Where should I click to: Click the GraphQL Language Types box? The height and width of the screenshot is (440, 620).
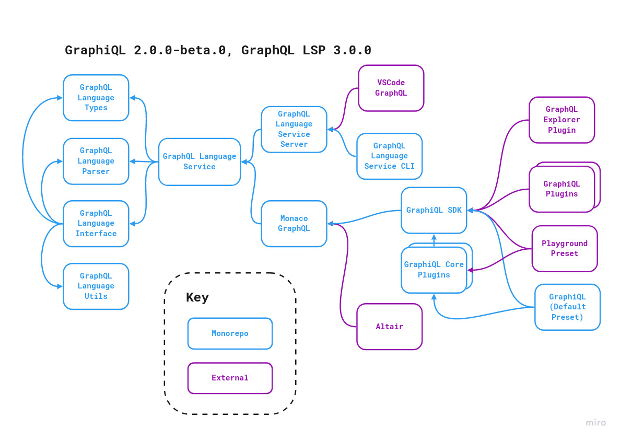[96, 98]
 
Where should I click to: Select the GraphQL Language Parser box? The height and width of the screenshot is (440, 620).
[96, 161]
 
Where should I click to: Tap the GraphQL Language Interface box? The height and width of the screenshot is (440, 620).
[96, 224]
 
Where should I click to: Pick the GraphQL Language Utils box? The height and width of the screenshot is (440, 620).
[96, 286]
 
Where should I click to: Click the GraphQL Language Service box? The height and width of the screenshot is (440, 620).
[200, 161]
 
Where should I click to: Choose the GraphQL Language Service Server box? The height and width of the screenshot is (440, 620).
[294, 129]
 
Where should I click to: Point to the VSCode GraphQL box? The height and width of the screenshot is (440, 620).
[391, 88]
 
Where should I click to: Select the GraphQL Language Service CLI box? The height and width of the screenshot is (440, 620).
[389, 156]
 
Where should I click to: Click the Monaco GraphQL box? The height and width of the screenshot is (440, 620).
[294, 224]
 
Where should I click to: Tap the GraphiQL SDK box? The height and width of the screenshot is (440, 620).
[434, 210]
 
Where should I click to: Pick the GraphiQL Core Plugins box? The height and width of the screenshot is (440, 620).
[434, 270]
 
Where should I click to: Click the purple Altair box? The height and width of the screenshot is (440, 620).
[389, 327]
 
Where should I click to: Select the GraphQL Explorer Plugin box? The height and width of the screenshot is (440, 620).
[561, 120]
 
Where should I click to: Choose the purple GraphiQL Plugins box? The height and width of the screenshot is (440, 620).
[561, 189]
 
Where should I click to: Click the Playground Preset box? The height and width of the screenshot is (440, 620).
[565, 248]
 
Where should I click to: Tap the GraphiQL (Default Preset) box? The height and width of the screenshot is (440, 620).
[567, 307]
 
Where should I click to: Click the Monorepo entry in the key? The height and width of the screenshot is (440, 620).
[230, 333]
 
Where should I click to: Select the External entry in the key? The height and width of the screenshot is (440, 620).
[230, 378]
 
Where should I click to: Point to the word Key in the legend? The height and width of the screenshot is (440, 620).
[197, 298]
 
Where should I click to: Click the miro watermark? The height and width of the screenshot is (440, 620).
[595, 423]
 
